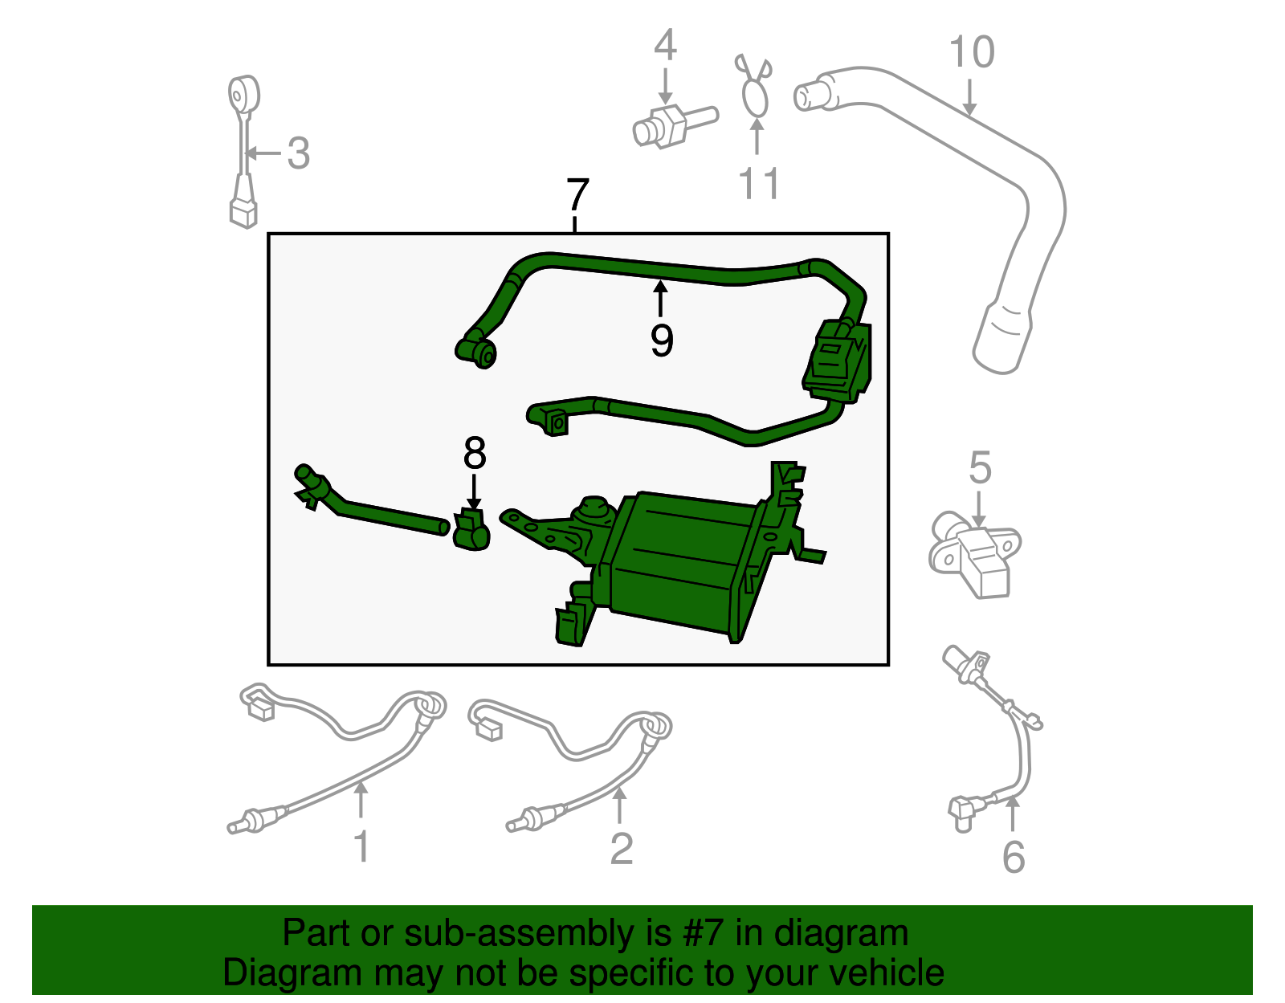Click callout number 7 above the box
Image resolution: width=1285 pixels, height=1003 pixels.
click(577, 195)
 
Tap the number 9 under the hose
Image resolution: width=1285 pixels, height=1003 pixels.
click(662, 341)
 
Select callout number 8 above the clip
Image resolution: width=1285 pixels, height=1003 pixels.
click(475, 454)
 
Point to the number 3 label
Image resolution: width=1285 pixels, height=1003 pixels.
click(298, 153)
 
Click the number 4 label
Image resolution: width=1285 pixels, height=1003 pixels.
click(665, 46)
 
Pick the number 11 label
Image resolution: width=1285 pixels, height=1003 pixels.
click(758, 184)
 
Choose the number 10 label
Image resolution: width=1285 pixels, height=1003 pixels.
click(972, 52)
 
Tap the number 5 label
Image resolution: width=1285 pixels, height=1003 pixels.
click(980, 467)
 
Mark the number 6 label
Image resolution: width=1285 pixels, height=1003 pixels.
click(1014, 857)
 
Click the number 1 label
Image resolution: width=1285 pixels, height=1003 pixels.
click(362, 847)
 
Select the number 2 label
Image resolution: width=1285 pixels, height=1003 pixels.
click(621, 849)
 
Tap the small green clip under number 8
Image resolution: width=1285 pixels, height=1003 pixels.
click(471, 530)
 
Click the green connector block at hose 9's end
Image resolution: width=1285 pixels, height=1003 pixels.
click(838, 362)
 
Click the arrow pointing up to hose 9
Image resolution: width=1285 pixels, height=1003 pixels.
click(660, 298)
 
